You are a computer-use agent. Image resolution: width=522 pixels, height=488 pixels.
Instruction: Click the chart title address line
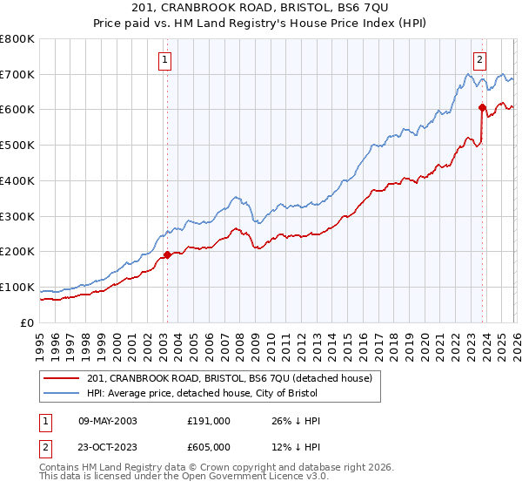coord(261,9)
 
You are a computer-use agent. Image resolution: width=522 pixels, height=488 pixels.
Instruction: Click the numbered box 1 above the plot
coord(165,60)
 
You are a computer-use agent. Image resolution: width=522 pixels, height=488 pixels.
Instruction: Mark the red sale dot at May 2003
coord(167,254)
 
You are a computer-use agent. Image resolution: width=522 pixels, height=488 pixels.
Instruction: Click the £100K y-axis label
coord(17,287)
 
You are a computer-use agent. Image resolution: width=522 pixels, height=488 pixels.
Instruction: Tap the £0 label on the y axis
coord(28,322)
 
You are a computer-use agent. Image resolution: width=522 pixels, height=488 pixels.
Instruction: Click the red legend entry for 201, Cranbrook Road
coord(230,378)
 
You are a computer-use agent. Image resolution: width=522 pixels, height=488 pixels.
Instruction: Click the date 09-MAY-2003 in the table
coord(107,421)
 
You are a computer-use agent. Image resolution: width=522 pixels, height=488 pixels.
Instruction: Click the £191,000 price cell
coord(208,421)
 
